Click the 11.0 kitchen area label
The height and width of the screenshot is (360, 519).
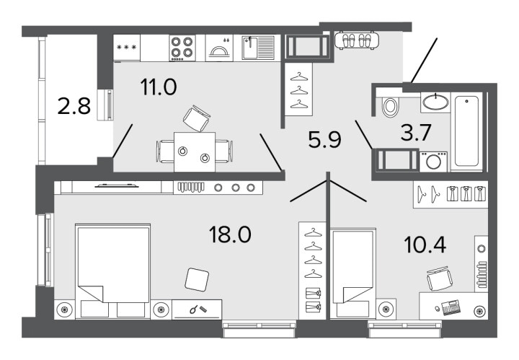click(159, 87)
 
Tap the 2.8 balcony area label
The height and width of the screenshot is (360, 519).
click(74, 106)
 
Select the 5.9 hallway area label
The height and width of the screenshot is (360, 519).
click(324, 139)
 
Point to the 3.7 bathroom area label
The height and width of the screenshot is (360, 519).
click(415, 132)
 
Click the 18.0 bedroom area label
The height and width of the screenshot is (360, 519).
click(230, 234)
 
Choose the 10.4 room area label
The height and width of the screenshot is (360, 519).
click(425, 245)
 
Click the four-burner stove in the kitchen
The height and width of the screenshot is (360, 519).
click(182, 48)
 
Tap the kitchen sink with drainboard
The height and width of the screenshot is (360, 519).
click(258, 48)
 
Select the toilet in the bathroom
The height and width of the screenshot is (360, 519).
click(390, 106)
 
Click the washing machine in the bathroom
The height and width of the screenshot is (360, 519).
click(433, 162)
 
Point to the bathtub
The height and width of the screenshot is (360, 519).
click(466, 131)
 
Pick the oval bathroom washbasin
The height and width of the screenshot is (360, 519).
click(436, 102)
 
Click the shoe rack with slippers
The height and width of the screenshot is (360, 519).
click(357, 40)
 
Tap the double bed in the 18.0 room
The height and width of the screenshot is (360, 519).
click(113, 271)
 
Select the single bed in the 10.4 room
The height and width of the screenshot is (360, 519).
click(353, 273)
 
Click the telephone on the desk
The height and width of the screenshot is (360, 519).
click(451, 307)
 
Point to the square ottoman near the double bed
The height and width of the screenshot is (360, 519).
click(197, 280)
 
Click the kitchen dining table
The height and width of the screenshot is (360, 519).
click(195, 152)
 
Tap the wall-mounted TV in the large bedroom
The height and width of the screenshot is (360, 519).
click(117, 185)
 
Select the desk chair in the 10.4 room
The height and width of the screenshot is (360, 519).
click(439, 278)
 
